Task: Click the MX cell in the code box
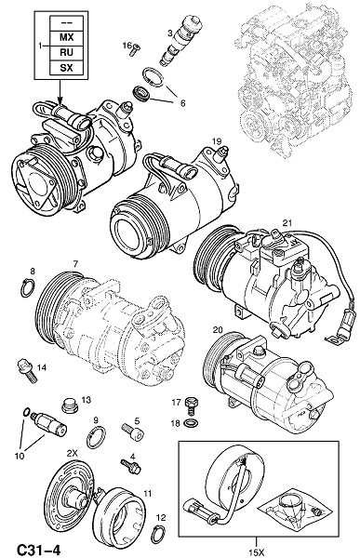click(66, 37)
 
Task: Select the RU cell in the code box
click(66, 53)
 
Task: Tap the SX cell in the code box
click(66, 68)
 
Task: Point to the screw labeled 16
click(135, 51)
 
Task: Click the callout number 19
click(217, 141)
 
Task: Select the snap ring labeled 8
click(27, 288)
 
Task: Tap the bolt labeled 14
click(27, 371)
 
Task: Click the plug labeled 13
click(70, 405)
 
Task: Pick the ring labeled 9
click(96, 437)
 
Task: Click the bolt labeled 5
click(134, 432)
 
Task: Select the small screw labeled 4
click(130, 466)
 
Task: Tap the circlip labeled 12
click(157, 534)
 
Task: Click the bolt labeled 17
click(191, 405)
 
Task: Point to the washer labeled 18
click(192, 423)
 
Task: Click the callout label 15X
click(257, 552)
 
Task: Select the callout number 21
click(287, 223)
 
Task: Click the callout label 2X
click(72, 453)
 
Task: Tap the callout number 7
click(76, 264)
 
